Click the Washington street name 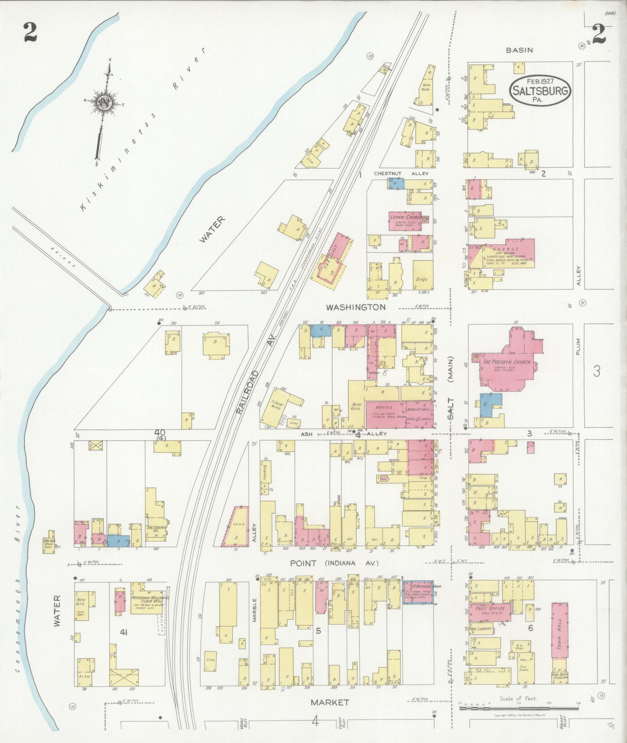click(x=356, y=307)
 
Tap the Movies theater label click(x=384, y=407)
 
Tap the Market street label click(x=329, y=702)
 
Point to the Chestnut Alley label click(x=401, y=174)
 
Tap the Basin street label click(x=519, y=50)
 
